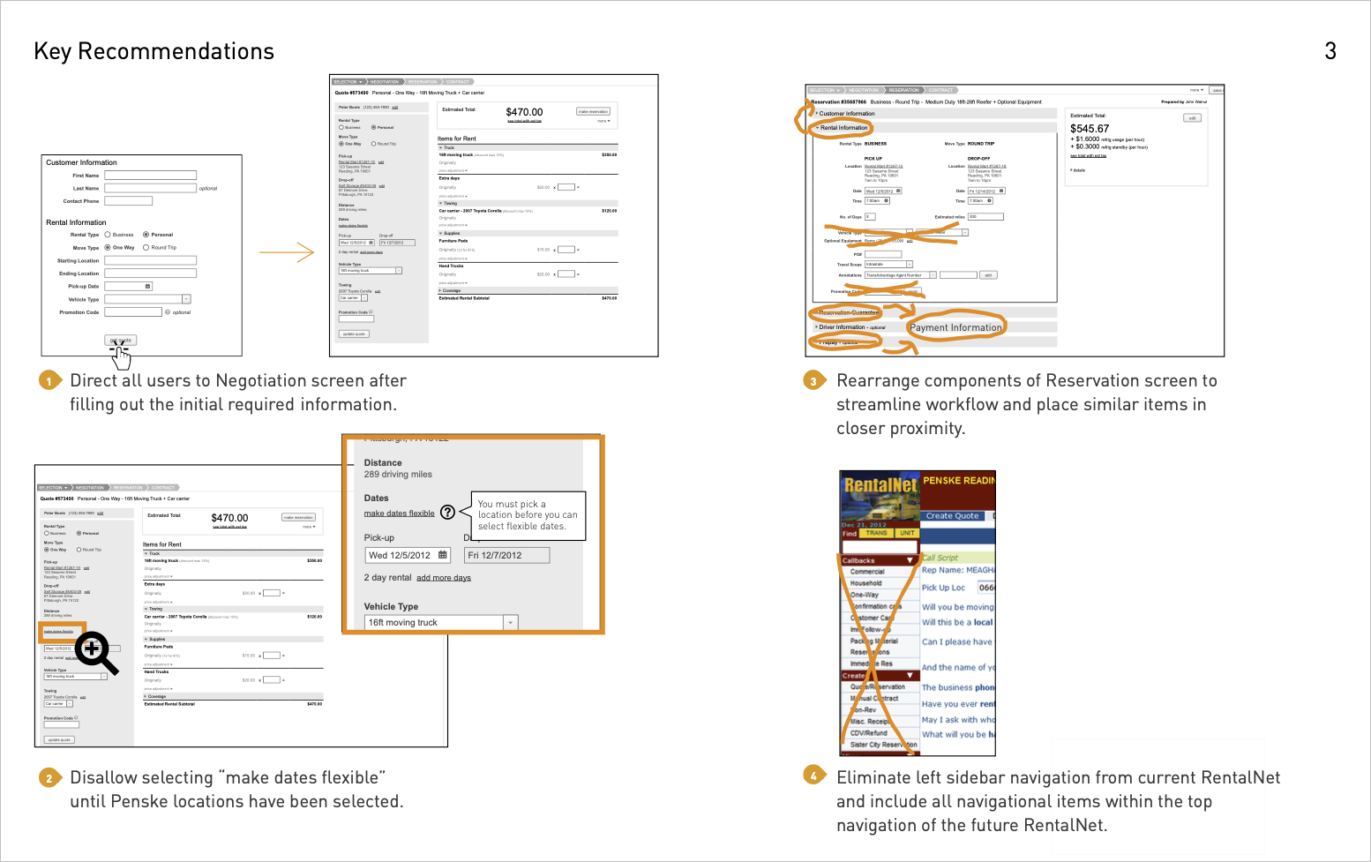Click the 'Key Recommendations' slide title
154,51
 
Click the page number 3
1330,51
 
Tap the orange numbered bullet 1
49,380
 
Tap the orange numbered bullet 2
49,777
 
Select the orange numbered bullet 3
813,380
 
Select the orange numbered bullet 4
813,776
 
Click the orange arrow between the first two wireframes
287,253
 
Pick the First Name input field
150,176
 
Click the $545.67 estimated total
1090,129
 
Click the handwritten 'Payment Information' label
955,327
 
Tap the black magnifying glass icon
95,652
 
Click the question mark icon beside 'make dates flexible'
447,513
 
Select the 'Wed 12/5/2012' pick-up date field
408,555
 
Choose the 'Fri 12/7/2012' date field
506,555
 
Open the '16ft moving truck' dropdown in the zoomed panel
440,623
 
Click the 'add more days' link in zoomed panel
443,578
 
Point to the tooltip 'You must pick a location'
528,515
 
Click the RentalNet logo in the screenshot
880,485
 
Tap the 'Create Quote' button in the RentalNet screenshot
952,515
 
